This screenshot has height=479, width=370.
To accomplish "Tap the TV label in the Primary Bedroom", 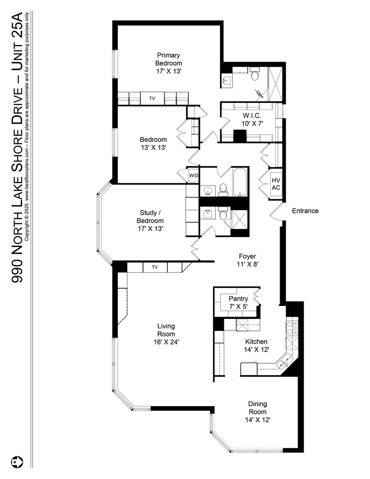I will point(152,98).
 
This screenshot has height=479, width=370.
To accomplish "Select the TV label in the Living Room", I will point(155,267).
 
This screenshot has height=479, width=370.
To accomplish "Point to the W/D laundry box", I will point(194,175).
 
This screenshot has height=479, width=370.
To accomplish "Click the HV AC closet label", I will point(276,184).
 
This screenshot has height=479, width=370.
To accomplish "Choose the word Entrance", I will point(305,211).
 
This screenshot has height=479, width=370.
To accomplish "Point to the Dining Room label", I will point(257,408).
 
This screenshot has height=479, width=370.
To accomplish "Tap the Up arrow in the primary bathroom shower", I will point(259,93).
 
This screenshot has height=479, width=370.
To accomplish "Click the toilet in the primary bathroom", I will point(254,75).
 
